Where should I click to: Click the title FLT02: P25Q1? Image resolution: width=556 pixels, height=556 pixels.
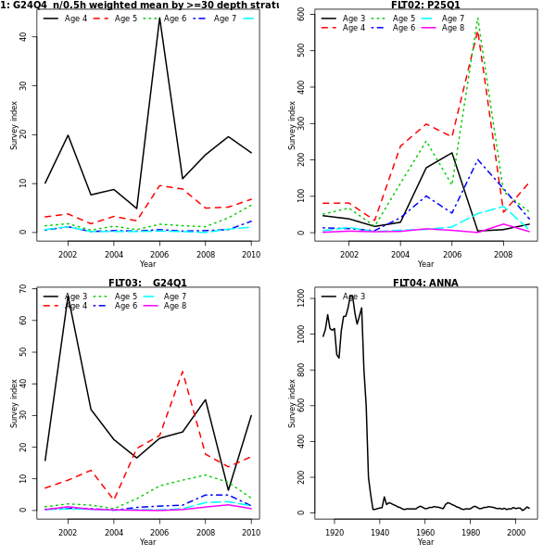click(x=425, y=6)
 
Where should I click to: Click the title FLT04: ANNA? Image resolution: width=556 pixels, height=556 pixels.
click(x=425, y=284)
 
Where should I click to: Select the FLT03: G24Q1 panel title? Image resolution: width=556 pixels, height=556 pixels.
click(x=147, y=284)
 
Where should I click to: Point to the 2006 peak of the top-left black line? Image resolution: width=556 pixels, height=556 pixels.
click(x=159, y=19)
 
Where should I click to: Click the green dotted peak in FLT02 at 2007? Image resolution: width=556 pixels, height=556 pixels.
click(x=477, y=19)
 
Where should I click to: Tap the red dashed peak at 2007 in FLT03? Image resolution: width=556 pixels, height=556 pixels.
click(x=183, y=372)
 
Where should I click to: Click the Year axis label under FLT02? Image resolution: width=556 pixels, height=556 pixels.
click(x=425, y=264)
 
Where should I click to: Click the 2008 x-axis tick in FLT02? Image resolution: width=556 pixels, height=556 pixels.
click(x=502, y=255)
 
